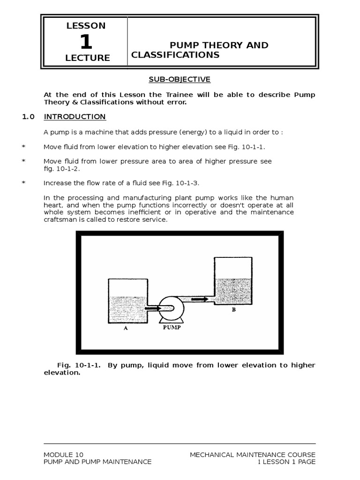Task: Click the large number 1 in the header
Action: click(x=86, y=42)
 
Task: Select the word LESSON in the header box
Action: click(x=86, y=26)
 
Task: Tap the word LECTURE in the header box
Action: click(x=88, y=58)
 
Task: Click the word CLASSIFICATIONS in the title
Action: click(x=175, y=55)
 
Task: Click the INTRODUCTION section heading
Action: click(x=75, y=117)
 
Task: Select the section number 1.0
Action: click(x=28, y=117)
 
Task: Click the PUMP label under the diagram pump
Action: click(x=172, y=328)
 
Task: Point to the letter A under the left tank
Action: click(x=126, y=329)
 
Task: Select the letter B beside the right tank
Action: click(x=233, y=309)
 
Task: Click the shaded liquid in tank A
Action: click(x=127, y=309)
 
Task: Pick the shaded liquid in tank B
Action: click(x=232, y=291)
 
